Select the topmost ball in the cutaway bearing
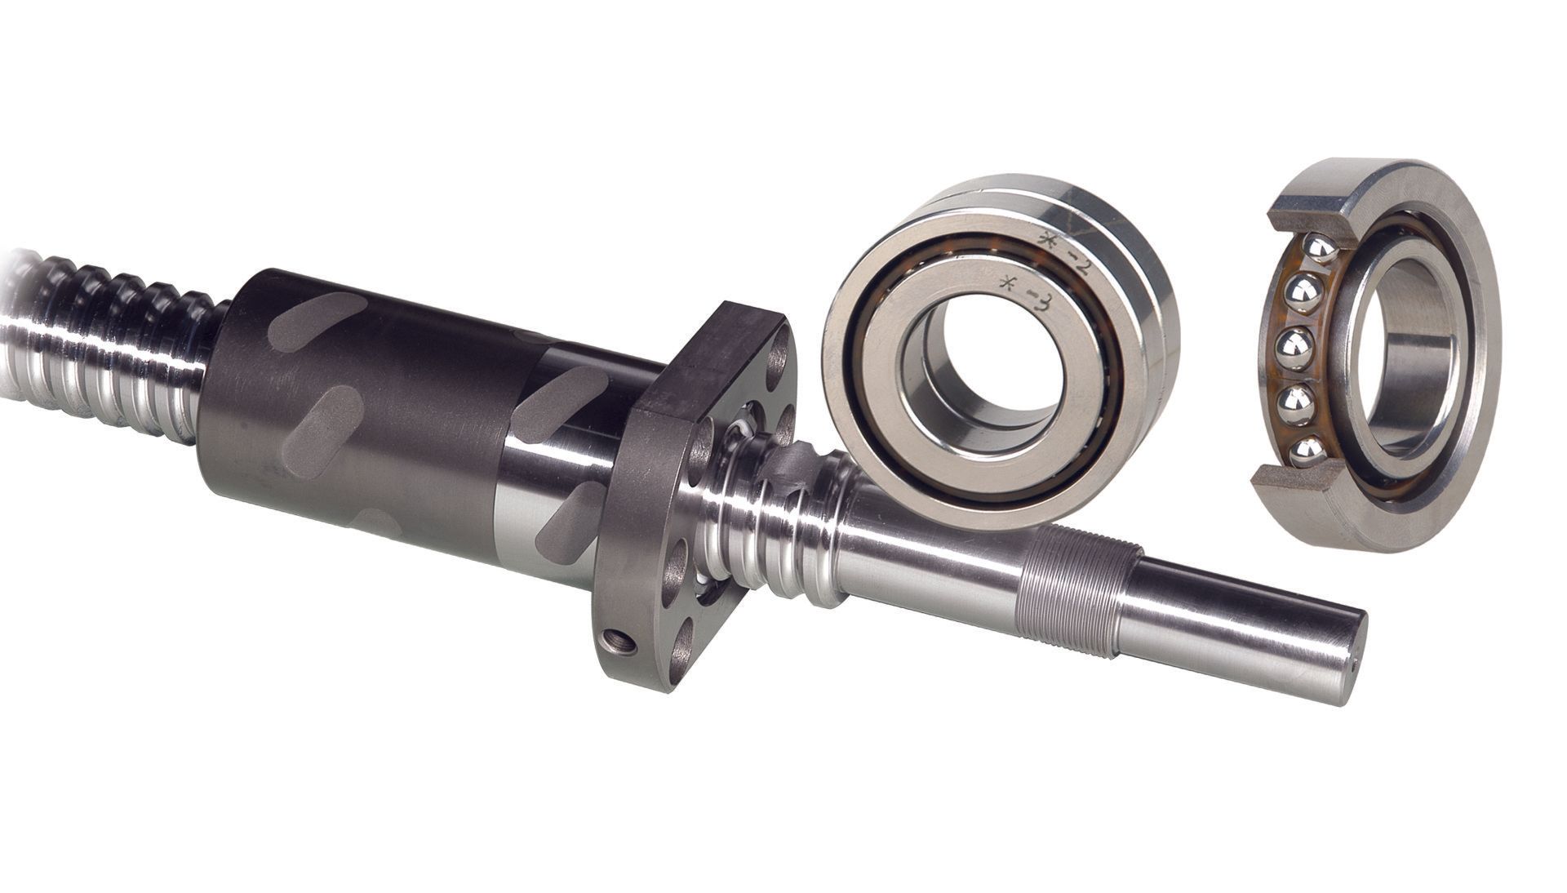[x=1321, y=249]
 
